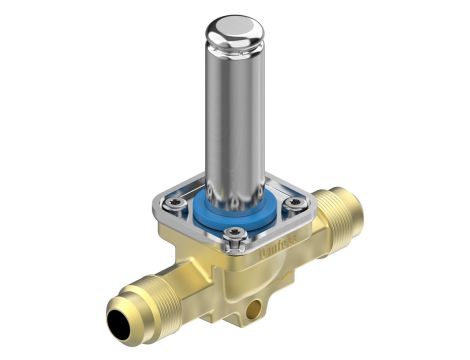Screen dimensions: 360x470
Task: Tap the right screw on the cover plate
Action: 294,207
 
